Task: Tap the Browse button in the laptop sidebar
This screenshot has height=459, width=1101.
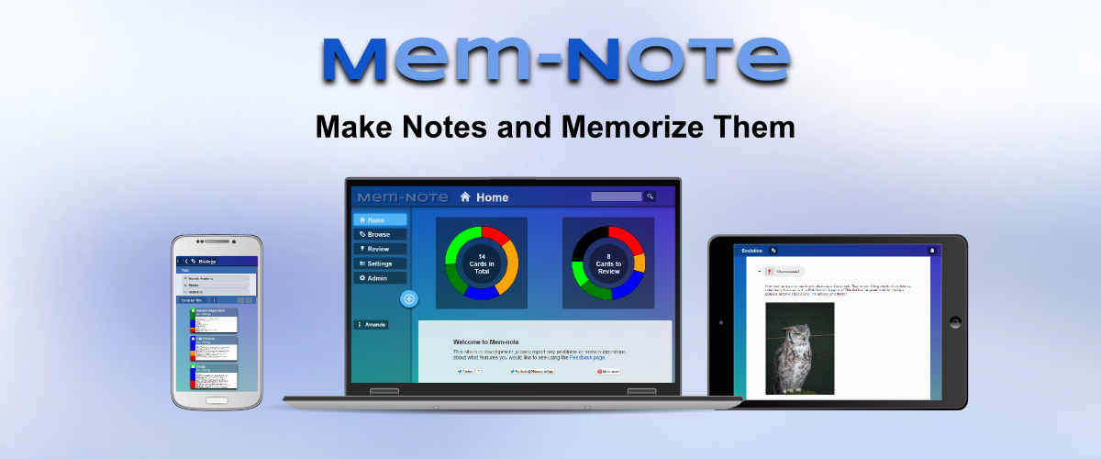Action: pos(380,234)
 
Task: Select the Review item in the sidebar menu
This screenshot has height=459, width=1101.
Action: pos(380,249)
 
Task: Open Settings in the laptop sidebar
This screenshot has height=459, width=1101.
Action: pos(380,263)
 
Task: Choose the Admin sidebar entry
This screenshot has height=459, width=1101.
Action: pos(380,278)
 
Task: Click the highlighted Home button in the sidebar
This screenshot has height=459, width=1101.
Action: pos(380,220)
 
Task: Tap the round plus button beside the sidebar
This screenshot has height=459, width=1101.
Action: pos(409,299)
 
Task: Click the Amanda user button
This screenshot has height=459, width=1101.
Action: pos(372,325)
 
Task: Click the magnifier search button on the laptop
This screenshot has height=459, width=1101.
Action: pos(650,196)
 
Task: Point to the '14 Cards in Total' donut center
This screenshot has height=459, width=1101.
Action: pos(482,263)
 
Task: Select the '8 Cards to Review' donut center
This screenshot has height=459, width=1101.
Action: pos(607,263)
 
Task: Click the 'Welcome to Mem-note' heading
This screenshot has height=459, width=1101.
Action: pos(488,342)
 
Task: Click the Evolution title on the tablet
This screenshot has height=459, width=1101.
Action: pos(751,250)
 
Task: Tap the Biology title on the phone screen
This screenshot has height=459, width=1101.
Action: pos(206,262)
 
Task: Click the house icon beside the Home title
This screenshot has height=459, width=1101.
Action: pos(466,196)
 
